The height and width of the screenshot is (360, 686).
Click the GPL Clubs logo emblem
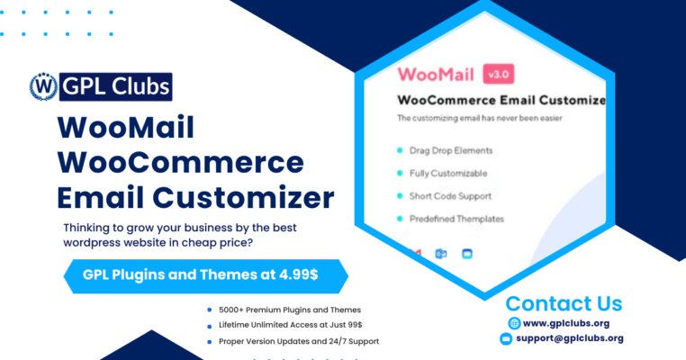41,85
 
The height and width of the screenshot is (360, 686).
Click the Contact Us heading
564,302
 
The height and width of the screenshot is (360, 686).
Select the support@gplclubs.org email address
571,339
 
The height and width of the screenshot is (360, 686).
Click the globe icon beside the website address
513,322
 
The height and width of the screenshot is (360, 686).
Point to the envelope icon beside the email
507,339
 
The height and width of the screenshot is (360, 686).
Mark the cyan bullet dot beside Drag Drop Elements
399,151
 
